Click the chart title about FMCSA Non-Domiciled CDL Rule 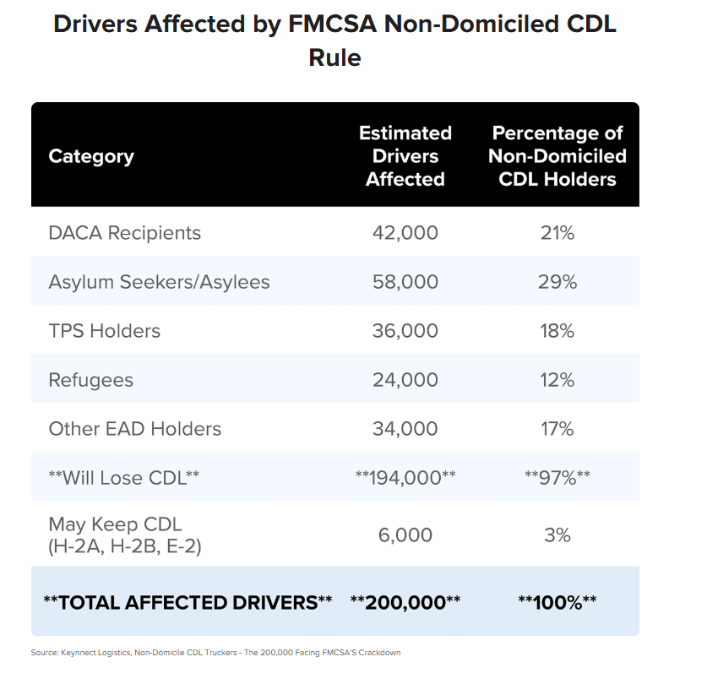334,40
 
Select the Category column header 91,156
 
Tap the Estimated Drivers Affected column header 405,156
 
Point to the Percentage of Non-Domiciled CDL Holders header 557,156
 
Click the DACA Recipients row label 125,232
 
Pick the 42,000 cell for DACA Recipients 405,232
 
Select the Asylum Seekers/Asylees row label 159,281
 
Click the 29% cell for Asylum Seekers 557,281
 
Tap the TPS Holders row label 104,330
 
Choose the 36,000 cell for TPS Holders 405,330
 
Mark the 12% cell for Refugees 557,379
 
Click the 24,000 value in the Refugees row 405,379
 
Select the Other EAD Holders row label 135,428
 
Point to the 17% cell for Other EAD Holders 557,428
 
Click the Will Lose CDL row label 124,477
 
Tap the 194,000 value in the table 405,477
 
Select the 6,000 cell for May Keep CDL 405,535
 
